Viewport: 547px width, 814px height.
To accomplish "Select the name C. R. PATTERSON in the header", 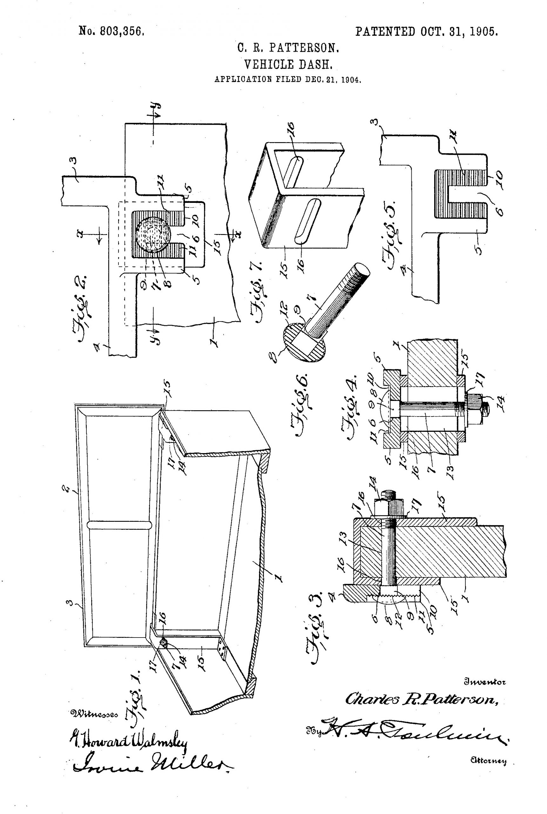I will click(x=288, y=47).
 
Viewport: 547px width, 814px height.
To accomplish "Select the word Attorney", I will click(x=489, y=761).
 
